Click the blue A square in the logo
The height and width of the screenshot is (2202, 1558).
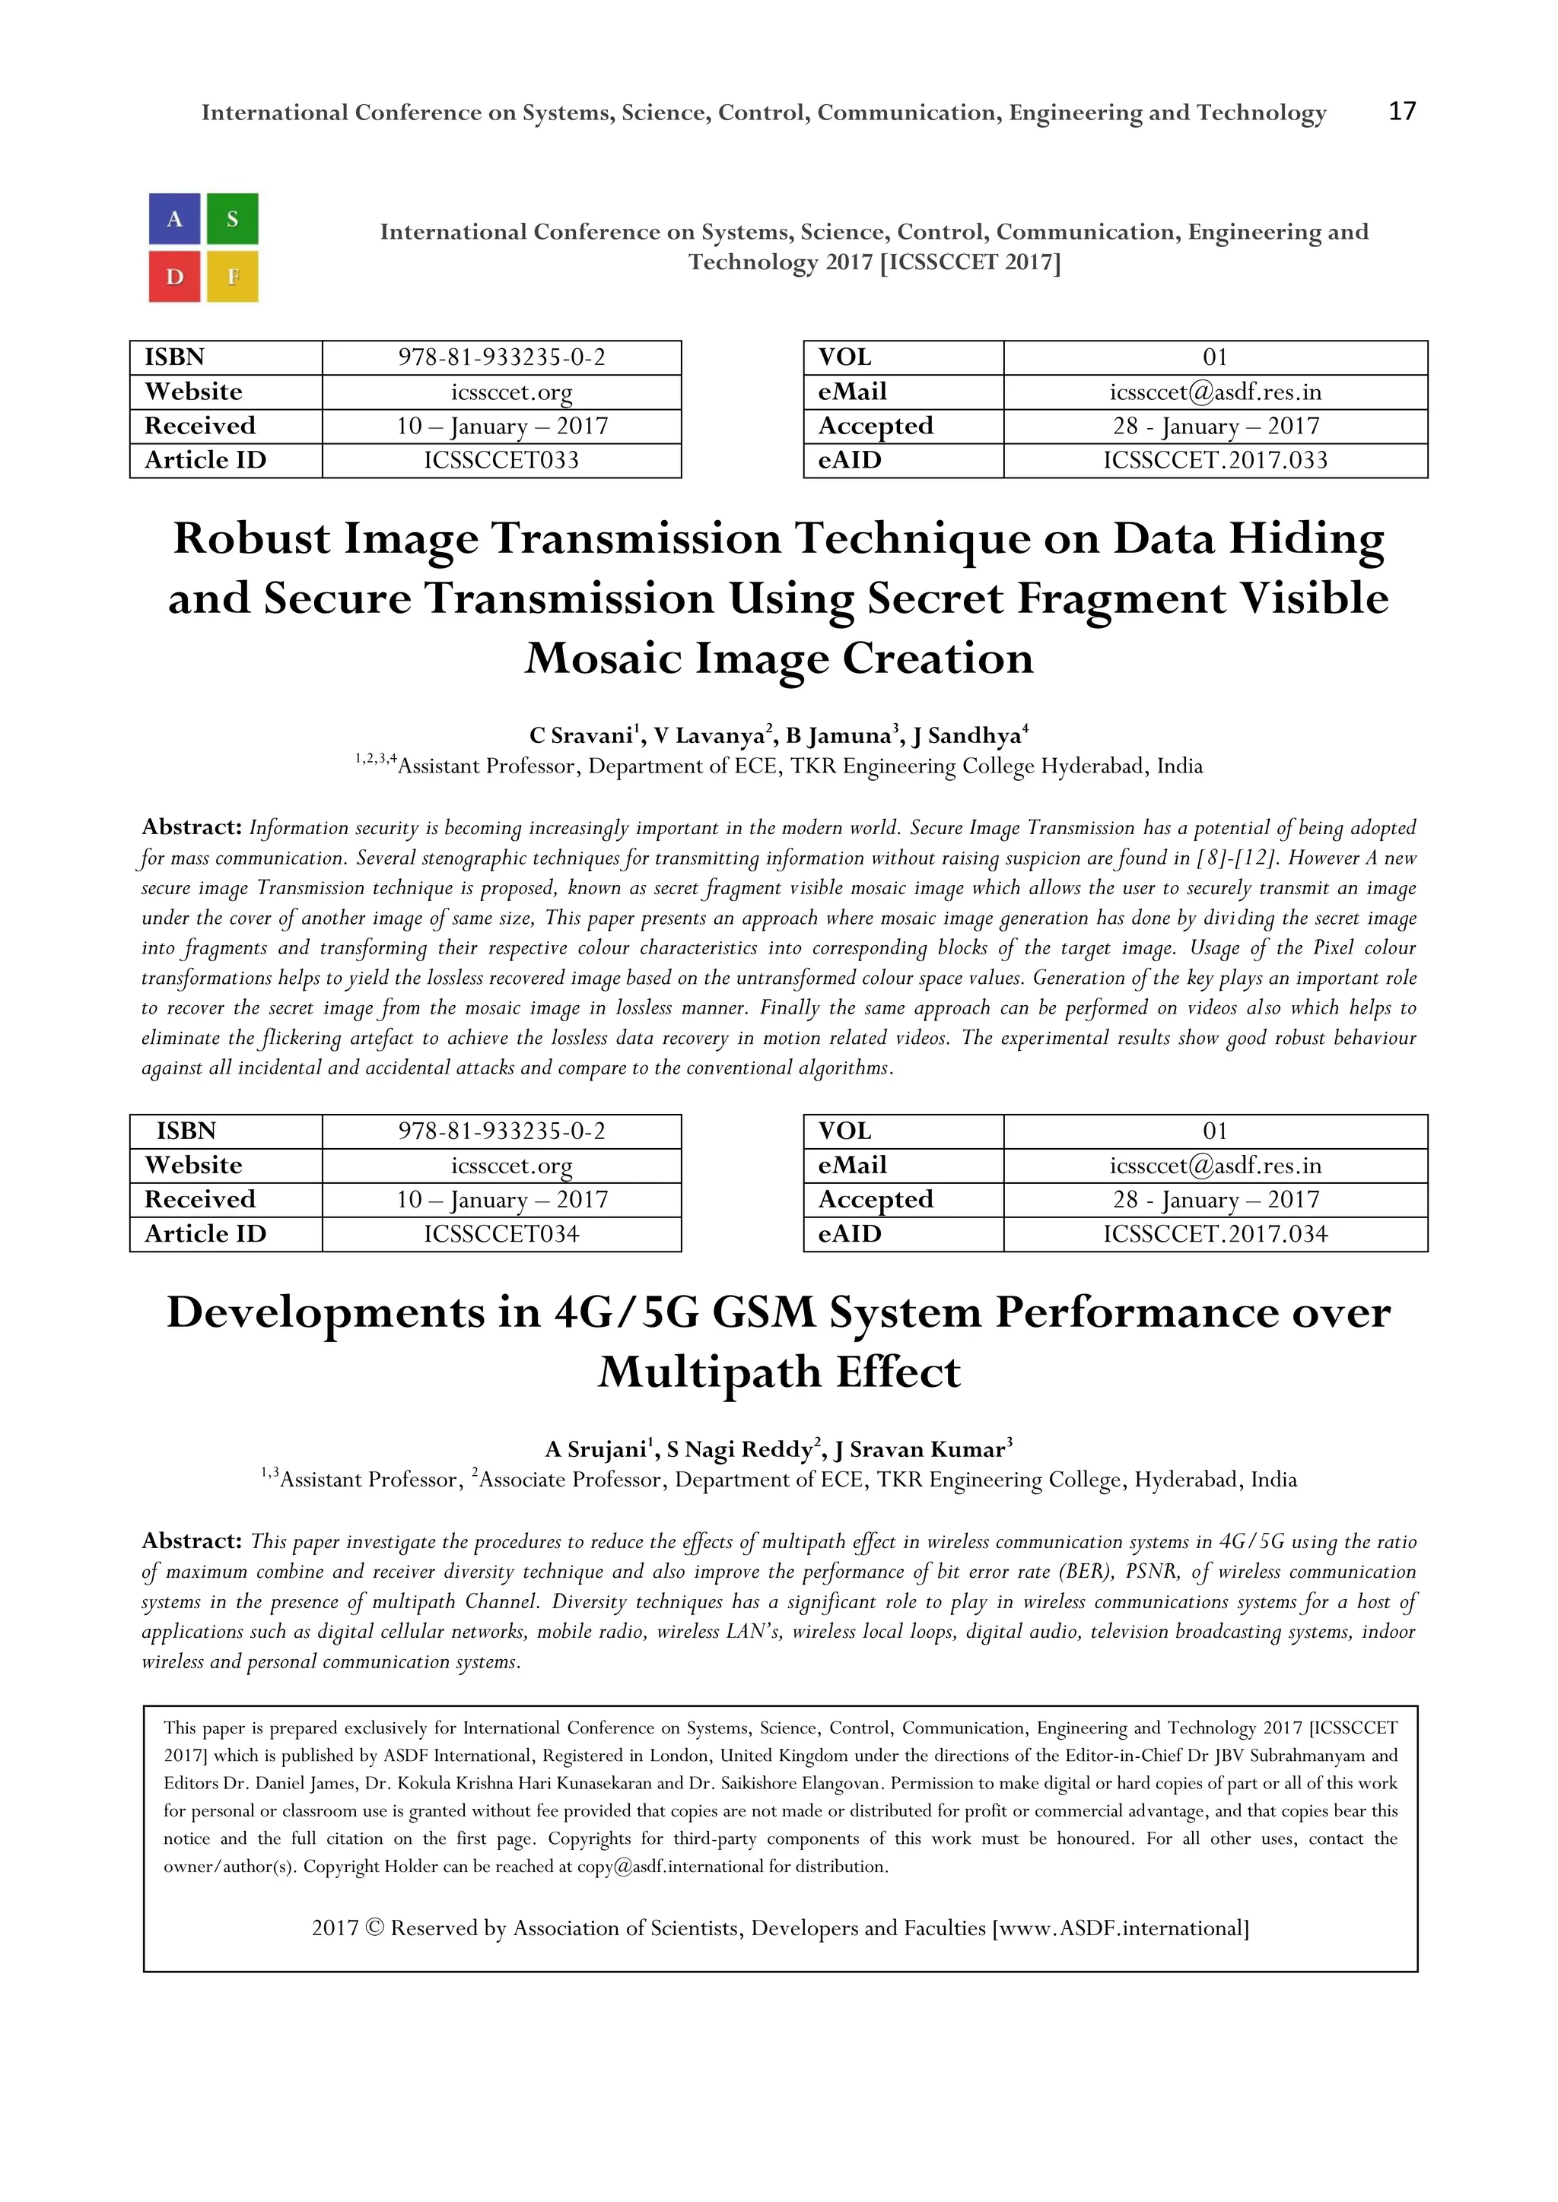tap(175, 219)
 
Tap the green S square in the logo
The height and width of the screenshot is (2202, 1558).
tap(232, 219)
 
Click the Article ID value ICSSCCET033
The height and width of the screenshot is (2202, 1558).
tap(502, 460)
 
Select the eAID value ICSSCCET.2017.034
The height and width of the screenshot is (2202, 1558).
tap(1215, 1234)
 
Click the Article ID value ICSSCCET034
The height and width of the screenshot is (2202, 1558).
tap(502, 1234)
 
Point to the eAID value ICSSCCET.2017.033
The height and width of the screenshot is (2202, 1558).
tap(1215, 460)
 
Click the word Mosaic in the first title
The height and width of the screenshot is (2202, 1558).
tap(603, 659)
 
